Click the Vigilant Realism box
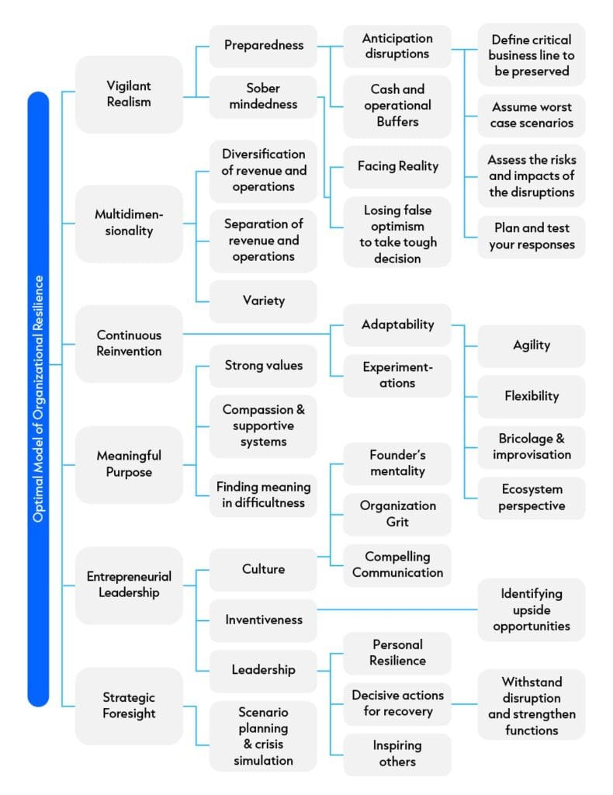[129, 95]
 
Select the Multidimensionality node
[129, 223]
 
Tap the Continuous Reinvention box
[129, 343]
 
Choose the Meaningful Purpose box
[129, 463]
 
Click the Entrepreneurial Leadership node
[129, 585]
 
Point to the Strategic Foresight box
[129, 705]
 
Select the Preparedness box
[263, 46]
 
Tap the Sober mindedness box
[263, 96]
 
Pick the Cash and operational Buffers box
[397, 106]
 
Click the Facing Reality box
[397, 166]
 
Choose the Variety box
[263, 301]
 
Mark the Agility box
[531, 345]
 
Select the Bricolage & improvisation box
[531, 446]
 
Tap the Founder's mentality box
[397, 463]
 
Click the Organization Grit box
[397, 514]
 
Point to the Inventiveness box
[263, 620]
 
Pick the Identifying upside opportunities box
[531, 609]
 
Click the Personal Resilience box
[397, 652]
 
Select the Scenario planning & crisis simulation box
[263, 736]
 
